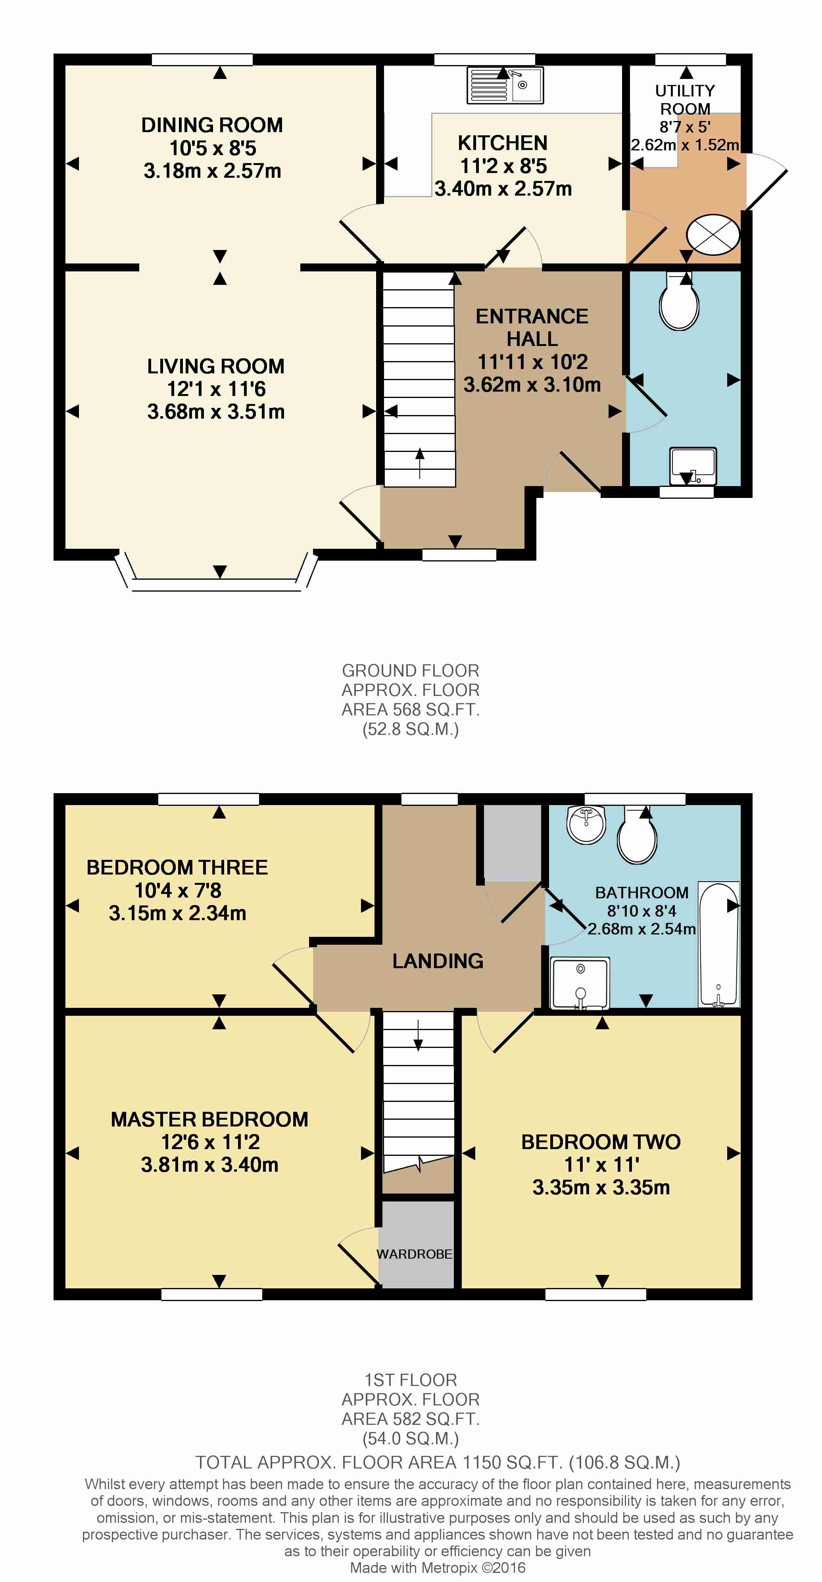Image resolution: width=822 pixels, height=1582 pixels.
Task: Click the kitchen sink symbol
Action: click(x=505, y=85)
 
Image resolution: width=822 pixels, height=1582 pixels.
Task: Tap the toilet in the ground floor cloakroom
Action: click(x=679, y=302)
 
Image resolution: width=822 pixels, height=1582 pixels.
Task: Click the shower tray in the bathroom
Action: click(x=580, y=982)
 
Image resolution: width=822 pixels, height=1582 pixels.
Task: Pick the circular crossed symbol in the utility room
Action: click(x=713, y=234)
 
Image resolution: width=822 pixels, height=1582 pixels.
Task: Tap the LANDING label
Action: click(x=438, y=961)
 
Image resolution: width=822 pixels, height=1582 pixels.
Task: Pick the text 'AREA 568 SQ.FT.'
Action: click(x=411, y=709)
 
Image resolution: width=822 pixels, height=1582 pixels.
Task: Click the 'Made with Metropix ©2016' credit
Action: click(x=438, y=1567)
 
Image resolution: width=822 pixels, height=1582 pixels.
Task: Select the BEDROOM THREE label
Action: click(x=177, y=867)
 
